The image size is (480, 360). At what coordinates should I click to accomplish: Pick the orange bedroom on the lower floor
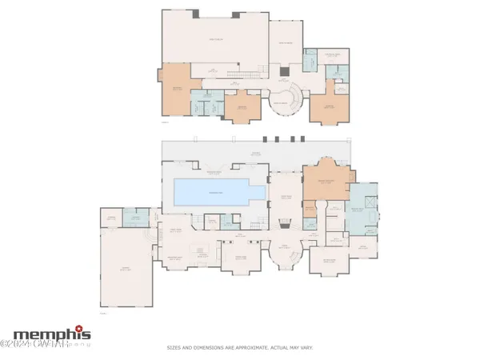[327, 185]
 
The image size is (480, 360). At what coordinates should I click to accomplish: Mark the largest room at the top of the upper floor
[211, 40]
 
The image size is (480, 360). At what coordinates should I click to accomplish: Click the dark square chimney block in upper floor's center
[282, 72]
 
